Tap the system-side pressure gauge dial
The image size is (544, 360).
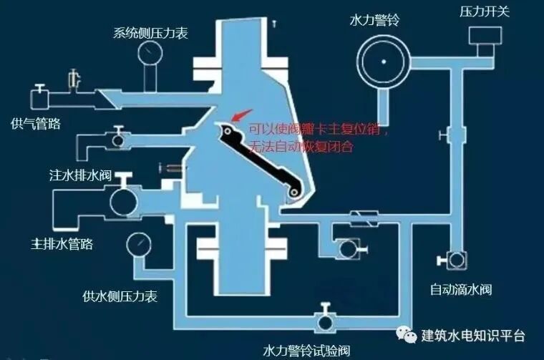click(151, 51)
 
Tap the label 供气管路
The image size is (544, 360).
click(36, 124)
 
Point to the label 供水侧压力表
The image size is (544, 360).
click(120, 296)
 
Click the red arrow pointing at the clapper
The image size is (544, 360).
click(242, 115)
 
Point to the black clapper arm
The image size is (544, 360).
click(262, 158)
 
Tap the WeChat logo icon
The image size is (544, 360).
click(407, 335)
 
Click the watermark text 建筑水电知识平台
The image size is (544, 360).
click(473, 335)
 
